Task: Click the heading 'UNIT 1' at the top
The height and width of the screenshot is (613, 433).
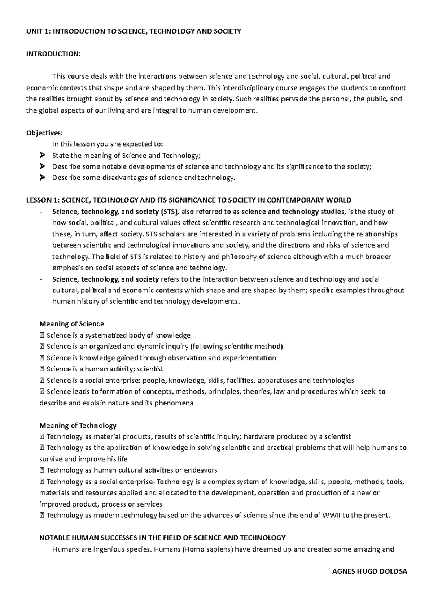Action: pyautogui.click(x=38, y=31)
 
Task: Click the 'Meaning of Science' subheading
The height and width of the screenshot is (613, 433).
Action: pyautogui.click(x=71, y=324)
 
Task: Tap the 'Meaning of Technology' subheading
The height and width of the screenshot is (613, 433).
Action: pyautogui.click(x=78, y=425)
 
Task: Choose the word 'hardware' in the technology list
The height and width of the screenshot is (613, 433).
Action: pyautogui.click(x=259, y=436)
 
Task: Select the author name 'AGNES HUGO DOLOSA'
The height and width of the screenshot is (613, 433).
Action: pyautogui.click(x=369, y=572)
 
